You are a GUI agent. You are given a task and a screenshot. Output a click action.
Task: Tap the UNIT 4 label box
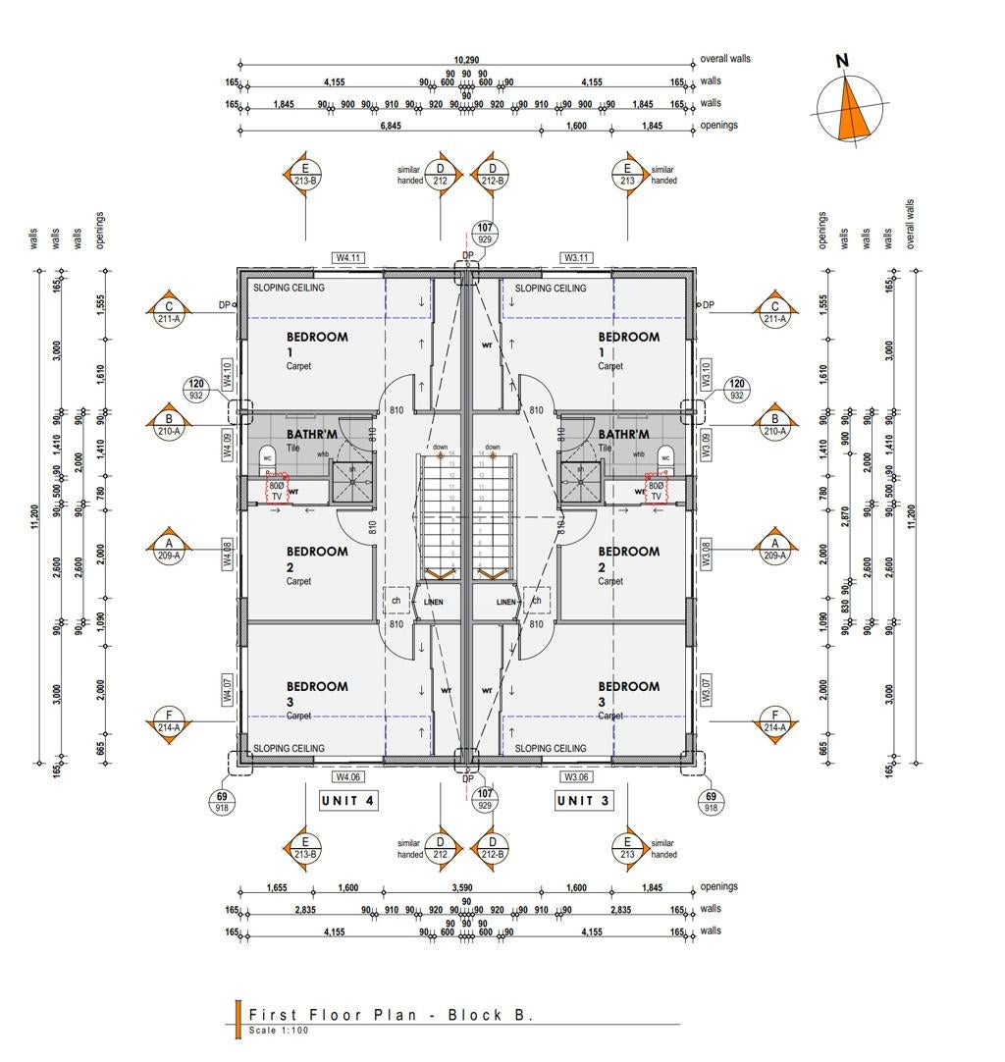[348, 801]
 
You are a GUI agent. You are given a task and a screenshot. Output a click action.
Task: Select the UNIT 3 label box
[583, 801]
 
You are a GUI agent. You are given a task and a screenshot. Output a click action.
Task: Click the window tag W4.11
[348, 258]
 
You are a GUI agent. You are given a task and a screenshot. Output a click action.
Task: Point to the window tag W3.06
[576, 776]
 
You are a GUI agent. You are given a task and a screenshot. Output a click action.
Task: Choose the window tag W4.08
[227, 556]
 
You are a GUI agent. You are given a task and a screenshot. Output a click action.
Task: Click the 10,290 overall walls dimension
[466, 60]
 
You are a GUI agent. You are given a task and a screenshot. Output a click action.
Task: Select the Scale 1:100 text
[279, 1031]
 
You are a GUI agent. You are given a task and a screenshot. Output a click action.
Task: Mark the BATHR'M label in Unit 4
[312, 434]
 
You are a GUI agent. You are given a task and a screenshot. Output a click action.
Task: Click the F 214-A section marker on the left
[169, 721]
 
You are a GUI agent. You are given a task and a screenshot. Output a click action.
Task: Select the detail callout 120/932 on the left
[196, 390]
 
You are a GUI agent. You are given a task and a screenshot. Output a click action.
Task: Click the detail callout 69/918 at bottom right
[712, 802]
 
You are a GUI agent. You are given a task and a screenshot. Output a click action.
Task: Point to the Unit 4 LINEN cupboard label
[433, 602]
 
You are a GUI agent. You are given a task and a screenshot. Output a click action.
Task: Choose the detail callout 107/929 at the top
[485, 233]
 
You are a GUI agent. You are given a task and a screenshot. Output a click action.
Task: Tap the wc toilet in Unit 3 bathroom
[665, 457]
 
